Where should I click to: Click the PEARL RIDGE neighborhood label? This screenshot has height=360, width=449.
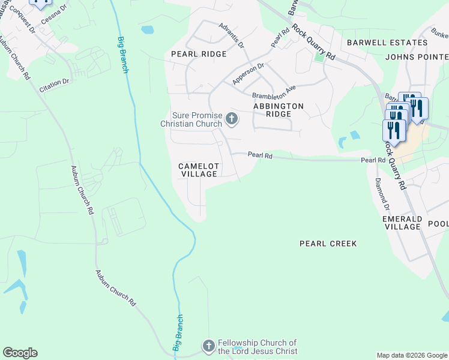click(x=199, y=54)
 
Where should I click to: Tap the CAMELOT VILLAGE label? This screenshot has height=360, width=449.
click(x=198, y=170)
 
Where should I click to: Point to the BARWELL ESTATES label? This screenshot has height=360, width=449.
click(x=378, y=43)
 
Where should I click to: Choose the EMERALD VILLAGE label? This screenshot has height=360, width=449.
click(x=402, y=223)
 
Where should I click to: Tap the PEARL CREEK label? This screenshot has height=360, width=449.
click(x=328, y=244)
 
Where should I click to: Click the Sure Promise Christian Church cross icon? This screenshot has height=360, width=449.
click(x=232, y=120)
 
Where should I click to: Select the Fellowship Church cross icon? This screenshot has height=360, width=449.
click(x=208, y=346)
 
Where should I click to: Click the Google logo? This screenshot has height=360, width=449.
click(x=20, y=353)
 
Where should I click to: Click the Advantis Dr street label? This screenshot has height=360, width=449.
click(x=232, y=36)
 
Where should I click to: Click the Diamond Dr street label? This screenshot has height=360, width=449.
click(x=382, y=192)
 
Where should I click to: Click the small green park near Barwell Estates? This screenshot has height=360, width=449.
click(x=319, y=58)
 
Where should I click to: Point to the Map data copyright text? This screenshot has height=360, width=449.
click(x=412, y=355)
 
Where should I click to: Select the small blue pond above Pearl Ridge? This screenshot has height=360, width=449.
click(x=147, y=29)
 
